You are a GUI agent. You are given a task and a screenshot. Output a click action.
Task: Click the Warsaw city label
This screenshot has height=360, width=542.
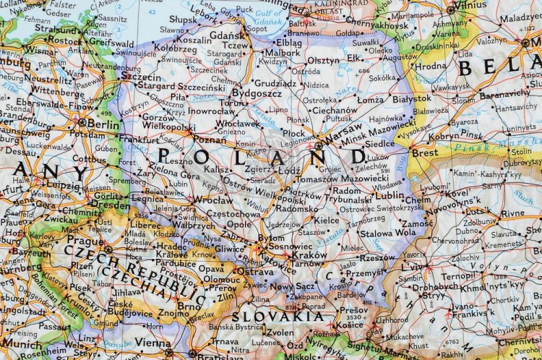(341, 136)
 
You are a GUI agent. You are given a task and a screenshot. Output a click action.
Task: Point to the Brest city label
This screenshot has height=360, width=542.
(424, 153)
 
